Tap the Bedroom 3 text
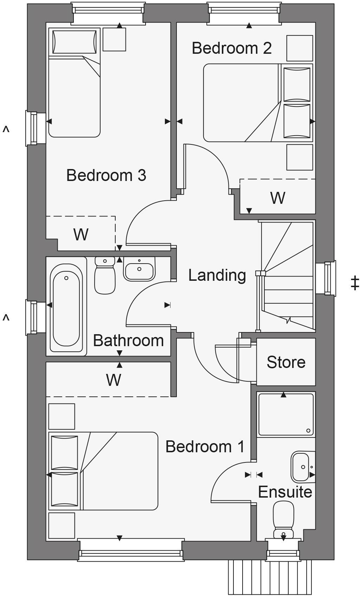coord(106,175)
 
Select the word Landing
coord(217,275)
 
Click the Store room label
coord(286,362)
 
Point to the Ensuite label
coord(285,492)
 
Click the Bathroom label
coord(128,341)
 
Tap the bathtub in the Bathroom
coord(66,305)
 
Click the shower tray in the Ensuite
coord(285,415)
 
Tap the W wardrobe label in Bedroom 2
coord(277,198)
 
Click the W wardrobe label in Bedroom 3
coord(81,234)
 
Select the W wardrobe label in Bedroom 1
coord(114,380)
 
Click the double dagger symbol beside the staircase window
coord(355,283)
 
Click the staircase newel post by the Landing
coord(261,273)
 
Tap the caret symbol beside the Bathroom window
coord(6,318)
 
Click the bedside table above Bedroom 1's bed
coord(62,416)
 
